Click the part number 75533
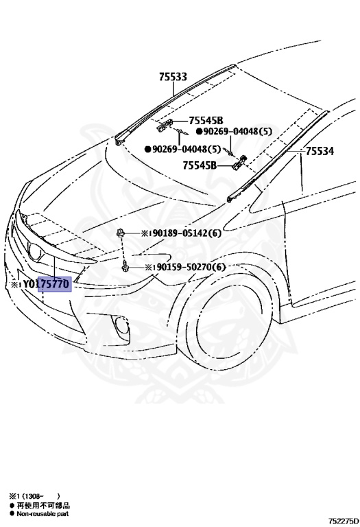point(173,77)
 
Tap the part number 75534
point(320,151)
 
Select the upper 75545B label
point(206,120)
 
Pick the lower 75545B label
point(200,165)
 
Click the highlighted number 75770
point(55,284)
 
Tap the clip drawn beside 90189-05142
point(120,232)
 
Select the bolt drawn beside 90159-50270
point(125,267)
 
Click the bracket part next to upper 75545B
point(165,124)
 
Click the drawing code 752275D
point(344,521)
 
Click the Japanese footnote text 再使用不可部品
point(43,506)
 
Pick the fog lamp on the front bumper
point(120,326)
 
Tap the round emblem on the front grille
point(35,251)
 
